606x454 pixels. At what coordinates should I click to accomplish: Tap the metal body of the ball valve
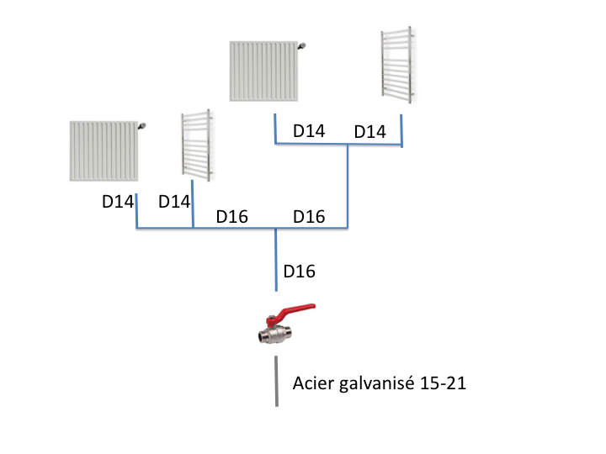275,334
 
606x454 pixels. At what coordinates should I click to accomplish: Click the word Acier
312,383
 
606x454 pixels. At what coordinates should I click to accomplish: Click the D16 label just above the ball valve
300,272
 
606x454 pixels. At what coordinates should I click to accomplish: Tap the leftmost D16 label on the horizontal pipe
232,217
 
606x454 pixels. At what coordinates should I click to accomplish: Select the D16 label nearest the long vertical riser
309,217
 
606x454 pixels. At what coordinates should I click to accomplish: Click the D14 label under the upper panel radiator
308,131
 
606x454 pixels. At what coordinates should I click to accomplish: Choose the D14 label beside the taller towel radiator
369,132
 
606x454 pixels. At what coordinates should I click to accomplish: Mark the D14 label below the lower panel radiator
118,202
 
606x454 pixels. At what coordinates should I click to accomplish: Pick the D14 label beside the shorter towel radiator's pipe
175,202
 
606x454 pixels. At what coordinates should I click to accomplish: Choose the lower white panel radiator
104,150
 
